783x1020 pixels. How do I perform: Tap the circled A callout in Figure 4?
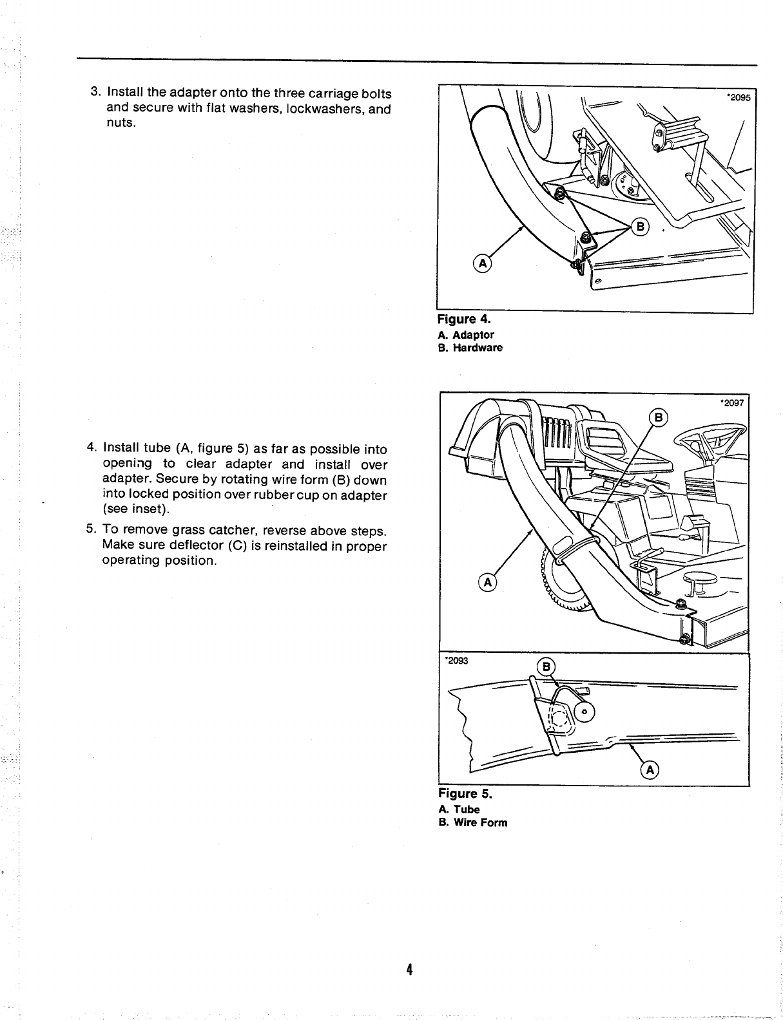coord(482,262)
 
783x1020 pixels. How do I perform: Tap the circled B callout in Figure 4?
coord(641,227)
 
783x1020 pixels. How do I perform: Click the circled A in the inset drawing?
coord(649,770)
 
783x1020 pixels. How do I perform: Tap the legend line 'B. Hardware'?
coord(470,348)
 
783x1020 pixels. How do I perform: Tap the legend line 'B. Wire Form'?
coord(472,822)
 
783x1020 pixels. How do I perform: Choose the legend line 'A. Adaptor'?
coord(465,335)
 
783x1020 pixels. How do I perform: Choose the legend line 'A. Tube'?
coord(458,809)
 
